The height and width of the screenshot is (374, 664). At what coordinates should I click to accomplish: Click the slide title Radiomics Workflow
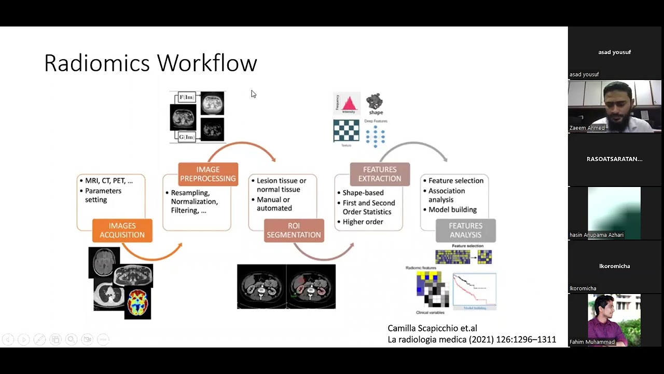150,63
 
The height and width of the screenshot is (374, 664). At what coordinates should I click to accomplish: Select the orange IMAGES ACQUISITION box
122,230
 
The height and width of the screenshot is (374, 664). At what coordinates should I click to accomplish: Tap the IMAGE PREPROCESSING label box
208,174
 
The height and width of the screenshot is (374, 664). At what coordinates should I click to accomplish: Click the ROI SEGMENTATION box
294,230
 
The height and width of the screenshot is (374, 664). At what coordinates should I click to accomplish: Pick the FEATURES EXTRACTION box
380,174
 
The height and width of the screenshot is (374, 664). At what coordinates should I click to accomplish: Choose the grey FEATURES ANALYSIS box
465,230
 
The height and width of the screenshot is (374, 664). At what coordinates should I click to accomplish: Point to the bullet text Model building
452,210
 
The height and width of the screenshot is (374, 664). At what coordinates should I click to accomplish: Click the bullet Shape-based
363,193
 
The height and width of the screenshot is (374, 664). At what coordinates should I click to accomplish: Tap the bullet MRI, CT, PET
109,181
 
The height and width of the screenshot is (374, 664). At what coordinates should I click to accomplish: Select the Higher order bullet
363,222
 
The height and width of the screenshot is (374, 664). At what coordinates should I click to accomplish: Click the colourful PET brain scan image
138,303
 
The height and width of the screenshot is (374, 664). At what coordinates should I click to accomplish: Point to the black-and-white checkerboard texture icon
346,131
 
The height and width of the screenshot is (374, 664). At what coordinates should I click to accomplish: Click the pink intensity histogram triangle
349,102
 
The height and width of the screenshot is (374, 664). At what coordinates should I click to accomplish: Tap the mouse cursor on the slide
253,94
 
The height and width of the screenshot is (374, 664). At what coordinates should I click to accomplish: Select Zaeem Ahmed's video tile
614,106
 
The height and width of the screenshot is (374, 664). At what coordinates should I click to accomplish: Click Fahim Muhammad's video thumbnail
614,320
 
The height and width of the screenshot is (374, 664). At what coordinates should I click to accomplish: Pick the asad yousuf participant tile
614,52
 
